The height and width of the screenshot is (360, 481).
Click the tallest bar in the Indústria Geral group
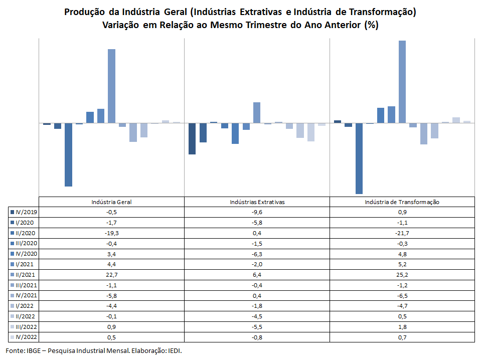point(112,86)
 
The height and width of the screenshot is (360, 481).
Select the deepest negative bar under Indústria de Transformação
point(359,158)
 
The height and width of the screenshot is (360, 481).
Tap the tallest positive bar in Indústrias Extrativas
point(257,112)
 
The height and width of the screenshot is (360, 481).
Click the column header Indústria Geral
point(111,202)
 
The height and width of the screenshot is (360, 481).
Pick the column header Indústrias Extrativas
point(257,202)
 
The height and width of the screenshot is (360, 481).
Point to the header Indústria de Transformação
point(402,202)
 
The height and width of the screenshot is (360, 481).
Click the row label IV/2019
point(27,212)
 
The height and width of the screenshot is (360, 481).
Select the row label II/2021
point(27,275)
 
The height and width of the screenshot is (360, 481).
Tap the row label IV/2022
point(27,337)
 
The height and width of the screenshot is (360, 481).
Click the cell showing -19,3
point(111,233)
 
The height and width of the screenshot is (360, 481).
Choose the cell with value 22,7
point(111,275)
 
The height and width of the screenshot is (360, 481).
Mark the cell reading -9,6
point(257,212)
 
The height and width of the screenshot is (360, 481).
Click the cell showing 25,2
point(402,275)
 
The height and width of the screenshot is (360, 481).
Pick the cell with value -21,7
point(402,233)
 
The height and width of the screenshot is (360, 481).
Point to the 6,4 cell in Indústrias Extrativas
point(257,275)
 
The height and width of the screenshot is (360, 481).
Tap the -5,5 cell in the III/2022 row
point(257,327)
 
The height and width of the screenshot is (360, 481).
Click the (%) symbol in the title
point(371,25)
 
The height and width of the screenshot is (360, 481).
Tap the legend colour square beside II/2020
point(12,233)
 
